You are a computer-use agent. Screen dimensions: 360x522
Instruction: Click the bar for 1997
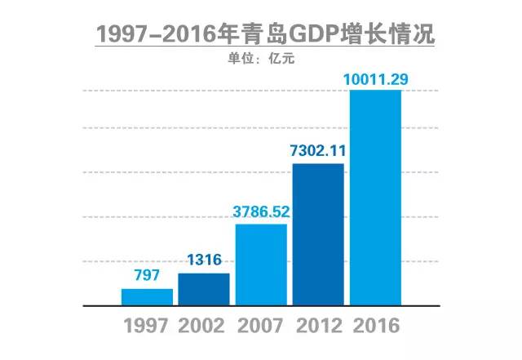[147, 296]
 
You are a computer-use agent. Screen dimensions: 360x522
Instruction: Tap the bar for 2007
[261, 264]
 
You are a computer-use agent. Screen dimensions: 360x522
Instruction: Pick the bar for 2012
[318, 234]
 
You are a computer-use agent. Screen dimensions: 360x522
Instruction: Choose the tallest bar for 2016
[375, 197]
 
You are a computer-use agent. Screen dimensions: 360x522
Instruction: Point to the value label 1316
[204, 262]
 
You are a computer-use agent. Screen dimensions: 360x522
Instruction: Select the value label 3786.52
[261, 212]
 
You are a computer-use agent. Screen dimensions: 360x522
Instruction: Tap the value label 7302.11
[318, 151]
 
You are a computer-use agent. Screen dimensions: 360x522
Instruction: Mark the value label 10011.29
[375, 78]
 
